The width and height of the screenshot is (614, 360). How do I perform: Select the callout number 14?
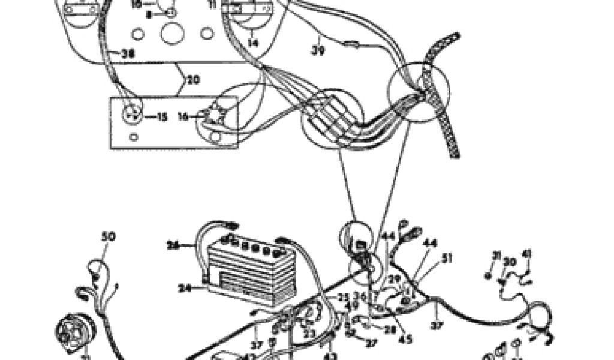coord(252,43)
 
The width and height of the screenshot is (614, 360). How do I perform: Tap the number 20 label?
coord(193,79)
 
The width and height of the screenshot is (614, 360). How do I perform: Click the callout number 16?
coord(183,118)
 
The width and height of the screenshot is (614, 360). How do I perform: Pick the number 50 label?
coord(108,237)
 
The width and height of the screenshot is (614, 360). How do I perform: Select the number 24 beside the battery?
coord(185,287)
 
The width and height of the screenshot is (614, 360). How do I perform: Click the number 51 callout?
coord(446,259)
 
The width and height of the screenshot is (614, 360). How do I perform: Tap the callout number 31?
coord(496,256)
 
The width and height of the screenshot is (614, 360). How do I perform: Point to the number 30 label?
coord(510,262)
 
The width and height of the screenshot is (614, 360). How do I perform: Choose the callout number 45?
coord(406,339)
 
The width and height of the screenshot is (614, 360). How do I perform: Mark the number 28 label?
coord(391,330)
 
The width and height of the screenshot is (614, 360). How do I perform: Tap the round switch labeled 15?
coord(133,113)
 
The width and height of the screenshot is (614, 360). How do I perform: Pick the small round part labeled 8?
coord(171,12)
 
